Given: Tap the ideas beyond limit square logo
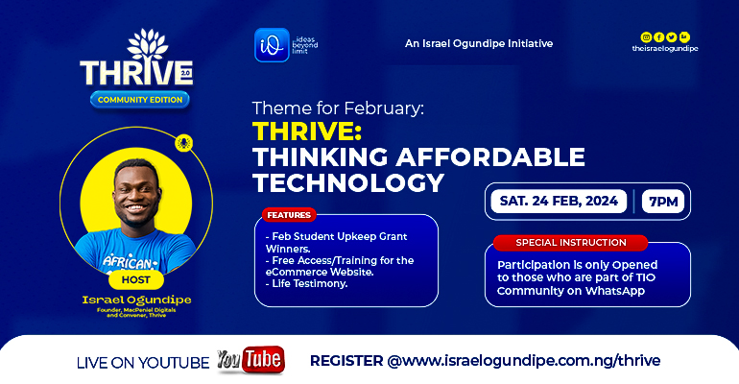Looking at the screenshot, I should (x=272, y=44).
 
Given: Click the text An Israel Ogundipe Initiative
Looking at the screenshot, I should (x=478, y=43).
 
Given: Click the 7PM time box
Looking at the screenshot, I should (x=664, y=202).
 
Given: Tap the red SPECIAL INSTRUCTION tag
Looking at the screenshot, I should (x=570, y=242).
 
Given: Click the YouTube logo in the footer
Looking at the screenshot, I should (x=250, y=360).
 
